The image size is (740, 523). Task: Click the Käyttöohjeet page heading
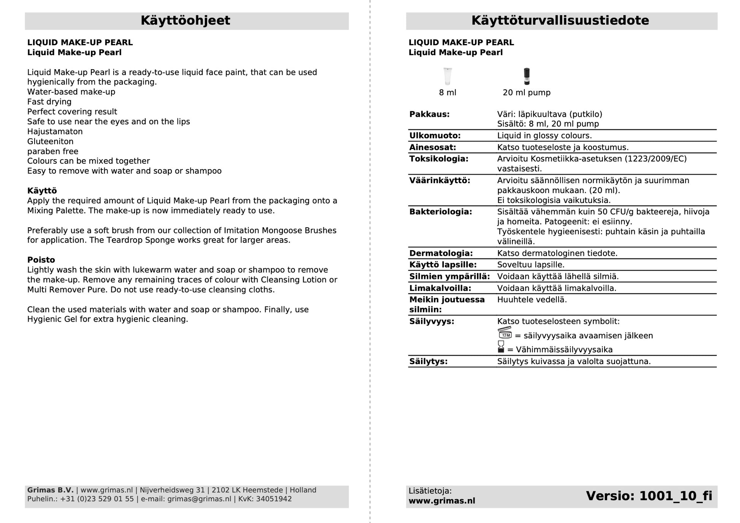[x=185, y=21]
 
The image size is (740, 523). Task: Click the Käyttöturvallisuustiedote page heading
[x=560, y=21]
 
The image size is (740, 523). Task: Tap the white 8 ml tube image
[x=448, y=76]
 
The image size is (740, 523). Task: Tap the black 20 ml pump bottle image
[x=526, y=76]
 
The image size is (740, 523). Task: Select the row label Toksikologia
[x=438, y=159]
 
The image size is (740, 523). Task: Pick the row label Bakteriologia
[x=440, y=212]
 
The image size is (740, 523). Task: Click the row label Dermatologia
[x=441, y=253]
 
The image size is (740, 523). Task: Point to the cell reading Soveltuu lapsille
[x=530, y=265]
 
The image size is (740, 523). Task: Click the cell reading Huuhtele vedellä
[x=532, y=300]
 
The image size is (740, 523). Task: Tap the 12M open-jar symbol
[x=505, y=333]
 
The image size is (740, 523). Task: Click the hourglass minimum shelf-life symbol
[x=501, y=347]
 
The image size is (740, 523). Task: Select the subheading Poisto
[x=41, y=260]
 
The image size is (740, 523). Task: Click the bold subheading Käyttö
[x=42, y=191]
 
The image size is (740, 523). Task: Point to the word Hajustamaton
[x=55, y=132]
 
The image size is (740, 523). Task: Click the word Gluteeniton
[x=50, y=141]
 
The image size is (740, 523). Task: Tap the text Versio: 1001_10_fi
[x=649, y=496]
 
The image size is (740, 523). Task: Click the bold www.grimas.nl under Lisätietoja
[x=441, y=501]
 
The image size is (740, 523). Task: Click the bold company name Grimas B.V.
[x=50, y=490]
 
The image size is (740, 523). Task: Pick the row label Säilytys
[x=428, y=361]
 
